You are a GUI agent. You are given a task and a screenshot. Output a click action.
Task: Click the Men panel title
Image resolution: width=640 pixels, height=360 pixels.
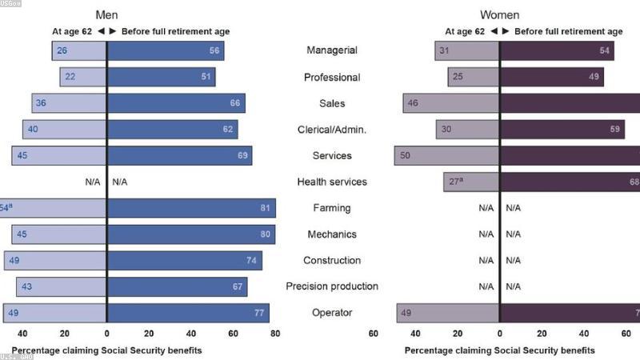click(x=106, y=15)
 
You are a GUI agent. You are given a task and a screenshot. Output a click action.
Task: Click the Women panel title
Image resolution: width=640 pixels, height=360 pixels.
click(x=499, y=15)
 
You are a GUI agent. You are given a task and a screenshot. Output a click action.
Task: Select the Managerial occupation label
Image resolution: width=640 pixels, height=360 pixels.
click(x=331, y=50)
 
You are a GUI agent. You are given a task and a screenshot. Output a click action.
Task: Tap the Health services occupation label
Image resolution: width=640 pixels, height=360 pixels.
click(x=331, y=182)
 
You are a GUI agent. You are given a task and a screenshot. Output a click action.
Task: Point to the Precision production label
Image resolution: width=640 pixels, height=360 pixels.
click(x=331, y=286)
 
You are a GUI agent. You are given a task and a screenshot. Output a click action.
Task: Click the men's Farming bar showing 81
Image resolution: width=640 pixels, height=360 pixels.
click(x=191, y=208)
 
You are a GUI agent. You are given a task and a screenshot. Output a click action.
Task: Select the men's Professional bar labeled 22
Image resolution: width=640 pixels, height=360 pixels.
click(x=83, y=77)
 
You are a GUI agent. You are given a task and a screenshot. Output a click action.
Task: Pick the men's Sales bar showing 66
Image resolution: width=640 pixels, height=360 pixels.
click(x=176, y=103)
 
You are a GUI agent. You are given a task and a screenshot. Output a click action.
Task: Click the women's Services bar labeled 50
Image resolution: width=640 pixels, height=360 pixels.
click(x=447, y=155)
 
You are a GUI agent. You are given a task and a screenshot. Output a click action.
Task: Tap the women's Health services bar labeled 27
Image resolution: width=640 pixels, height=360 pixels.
click(x=472, y=182)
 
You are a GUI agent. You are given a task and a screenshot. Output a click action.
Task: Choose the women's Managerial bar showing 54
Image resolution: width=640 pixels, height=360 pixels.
click(x=557, y=50)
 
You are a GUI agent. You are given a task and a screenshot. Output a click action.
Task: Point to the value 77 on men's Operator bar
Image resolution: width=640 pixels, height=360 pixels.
click(x=258, y=313)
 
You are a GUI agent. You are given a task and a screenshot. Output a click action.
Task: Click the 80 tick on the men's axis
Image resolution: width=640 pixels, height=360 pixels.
click(x=275, y=334)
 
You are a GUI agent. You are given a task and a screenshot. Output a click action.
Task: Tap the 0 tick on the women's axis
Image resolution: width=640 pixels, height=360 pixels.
click(x=499, y=334)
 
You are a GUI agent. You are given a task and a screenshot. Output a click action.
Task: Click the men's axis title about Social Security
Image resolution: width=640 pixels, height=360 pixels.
click(x=106, y=350)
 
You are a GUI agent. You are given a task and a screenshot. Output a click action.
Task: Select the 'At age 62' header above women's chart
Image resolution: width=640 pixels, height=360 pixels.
click(x=465, y=32)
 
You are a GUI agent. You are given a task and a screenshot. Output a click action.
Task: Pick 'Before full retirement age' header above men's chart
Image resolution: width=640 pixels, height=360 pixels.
click(x=175, y=32)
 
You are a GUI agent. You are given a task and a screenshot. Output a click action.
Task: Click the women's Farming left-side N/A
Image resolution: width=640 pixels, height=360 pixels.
click(x=486, y=208)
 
